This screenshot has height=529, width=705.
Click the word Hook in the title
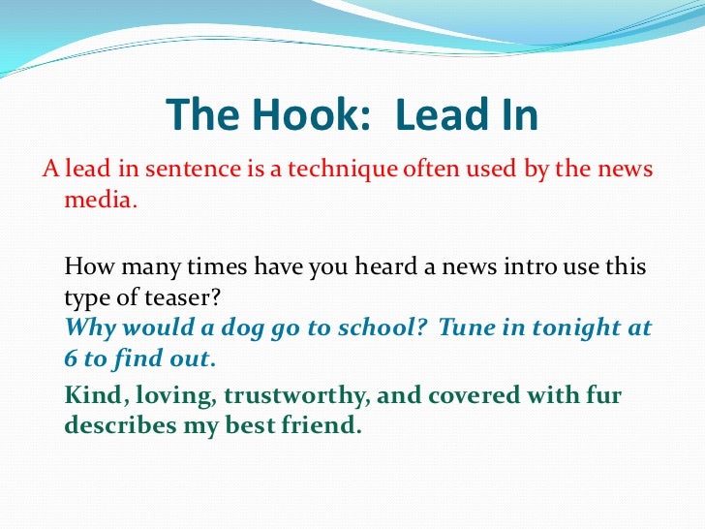[288, 116]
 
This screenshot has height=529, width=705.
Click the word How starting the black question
[88, 266]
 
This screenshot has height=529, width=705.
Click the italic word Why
[90, 327]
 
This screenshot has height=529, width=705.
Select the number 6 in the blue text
[71, 358]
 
